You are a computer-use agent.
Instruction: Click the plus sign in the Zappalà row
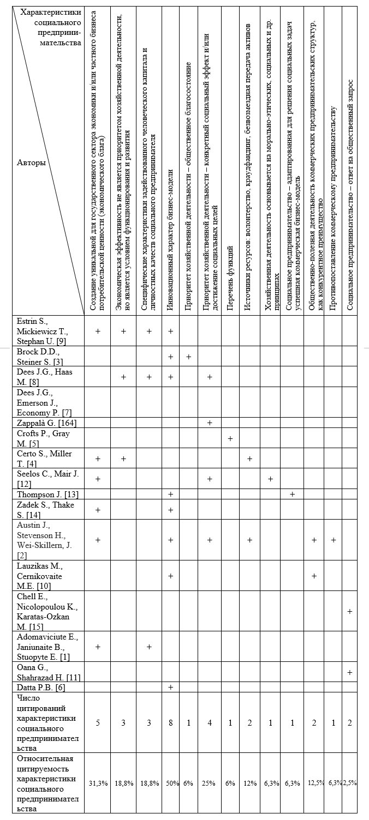click(x=210, y=423)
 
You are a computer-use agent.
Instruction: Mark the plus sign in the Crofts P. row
click(x=230, y=438)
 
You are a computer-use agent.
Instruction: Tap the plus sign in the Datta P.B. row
click(x=171, y=688)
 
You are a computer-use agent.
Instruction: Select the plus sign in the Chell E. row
click(x=349, y=611)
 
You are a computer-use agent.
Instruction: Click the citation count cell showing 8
click(x=171, y=723)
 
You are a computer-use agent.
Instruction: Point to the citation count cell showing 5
click(x=99, y=723)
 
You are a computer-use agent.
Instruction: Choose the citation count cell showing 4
click(x=210, y=723)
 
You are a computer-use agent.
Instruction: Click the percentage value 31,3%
click(x=99, y=783)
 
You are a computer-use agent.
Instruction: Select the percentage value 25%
click(x=210, y=783)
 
